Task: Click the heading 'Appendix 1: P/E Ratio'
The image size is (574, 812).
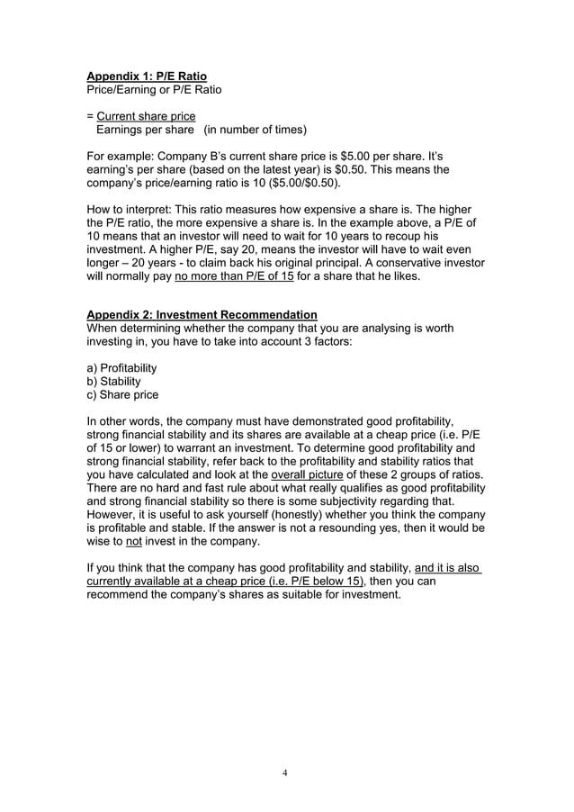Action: pyautogui.click(x=146, y=77)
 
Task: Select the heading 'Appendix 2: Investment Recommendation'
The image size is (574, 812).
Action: pyautogui.click(x=202, y=314)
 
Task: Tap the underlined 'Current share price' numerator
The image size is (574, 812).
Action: pyautogui.click(x=146, y=116)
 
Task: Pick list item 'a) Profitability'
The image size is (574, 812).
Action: pyautogui.click(x=121, y=367)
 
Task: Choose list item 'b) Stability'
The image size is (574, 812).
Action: pyautogui.click(x=113, y=381)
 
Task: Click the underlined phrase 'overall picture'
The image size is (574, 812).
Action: pyautogui.click(x=300, y=474)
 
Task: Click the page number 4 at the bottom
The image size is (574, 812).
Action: pyautogui.click(x=285, y=773)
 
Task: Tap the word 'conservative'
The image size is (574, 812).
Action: pyautogui.click(x=413, y=263)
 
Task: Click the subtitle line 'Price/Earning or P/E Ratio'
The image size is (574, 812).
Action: pyautogui.click(x=154, y=89)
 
